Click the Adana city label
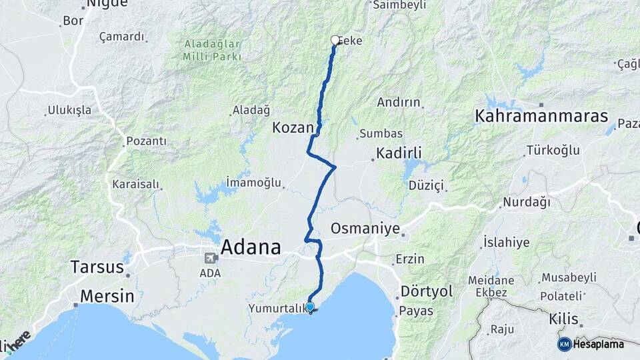tap(250, 247)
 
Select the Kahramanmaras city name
tap(541, 116)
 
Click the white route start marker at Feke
tap(335, 40)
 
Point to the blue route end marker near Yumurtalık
tap(310, 307)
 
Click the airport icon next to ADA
tap(210, 258)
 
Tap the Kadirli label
tap(399, 153)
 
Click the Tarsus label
tap(97, 267)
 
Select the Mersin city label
tap(107, 296)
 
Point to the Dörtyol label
tap(427, 291)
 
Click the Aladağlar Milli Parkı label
tap(213, 50)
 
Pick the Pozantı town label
tap(145, 141)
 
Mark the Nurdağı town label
tap(527, 201)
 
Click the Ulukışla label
tap(69, 111)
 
